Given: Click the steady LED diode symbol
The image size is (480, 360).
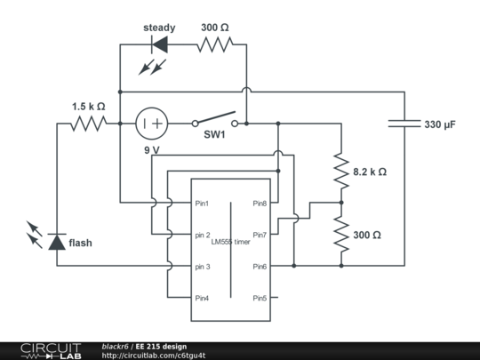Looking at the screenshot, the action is tap(159, 44).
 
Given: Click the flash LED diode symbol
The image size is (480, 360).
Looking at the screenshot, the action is tap(57, 242).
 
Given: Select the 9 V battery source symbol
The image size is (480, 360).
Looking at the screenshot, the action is tap(151, 124).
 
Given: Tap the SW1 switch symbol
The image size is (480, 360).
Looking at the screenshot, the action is tap(215, 120).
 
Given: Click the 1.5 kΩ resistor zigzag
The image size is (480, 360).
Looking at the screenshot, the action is tap(89, 124).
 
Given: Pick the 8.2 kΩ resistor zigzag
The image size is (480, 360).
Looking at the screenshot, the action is tap(341, 171).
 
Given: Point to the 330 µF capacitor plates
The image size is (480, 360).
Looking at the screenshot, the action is tap(404, 124).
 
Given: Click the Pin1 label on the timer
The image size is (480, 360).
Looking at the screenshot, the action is tap(202, 204).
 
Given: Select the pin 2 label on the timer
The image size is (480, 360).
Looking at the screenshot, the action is tap(203, 235).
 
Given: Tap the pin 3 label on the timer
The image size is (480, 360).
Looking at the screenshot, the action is tap(203, 267).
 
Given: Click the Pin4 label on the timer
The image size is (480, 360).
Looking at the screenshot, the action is tap(202, 298).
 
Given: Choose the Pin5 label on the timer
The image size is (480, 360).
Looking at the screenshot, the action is tap(260, 298).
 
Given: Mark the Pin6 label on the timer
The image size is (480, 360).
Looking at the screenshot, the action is tap(260, 267).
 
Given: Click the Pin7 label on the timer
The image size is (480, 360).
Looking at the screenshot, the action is tap(260, 235).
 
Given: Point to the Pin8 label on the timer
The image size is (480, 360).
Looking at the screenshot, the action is tap(260, 204).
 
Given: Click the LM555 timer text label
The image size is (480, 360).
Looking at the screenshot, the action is tap(230, 242).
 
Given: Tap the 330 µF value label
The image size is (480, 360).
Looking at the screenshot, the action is tap(440, 124).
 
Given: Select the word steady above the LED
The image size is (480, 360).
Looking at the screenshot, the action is tap(159, 28).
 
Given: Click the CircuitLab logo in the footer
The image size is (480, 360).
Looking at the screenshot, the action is tap(51, 351).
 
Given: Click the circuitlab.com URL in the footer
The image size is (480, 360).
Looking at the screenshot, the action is tap(154, 356).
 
